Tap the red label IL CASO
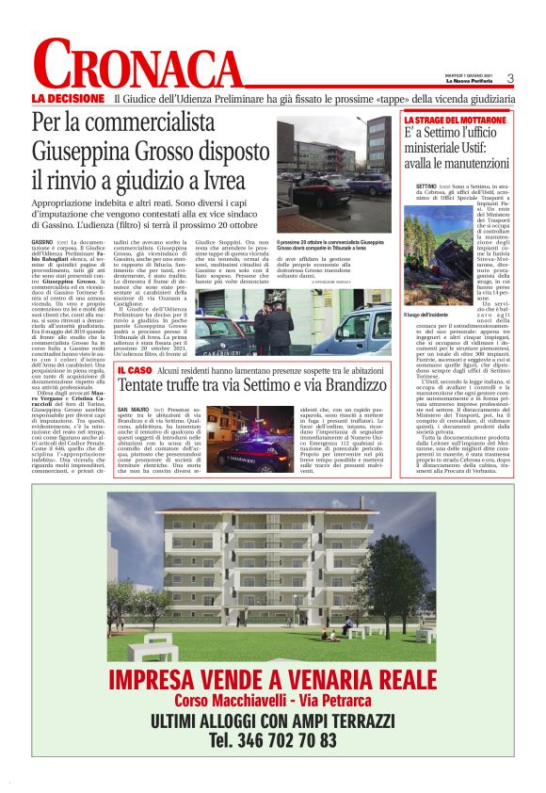135,374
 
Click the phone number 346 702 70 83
272,739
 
